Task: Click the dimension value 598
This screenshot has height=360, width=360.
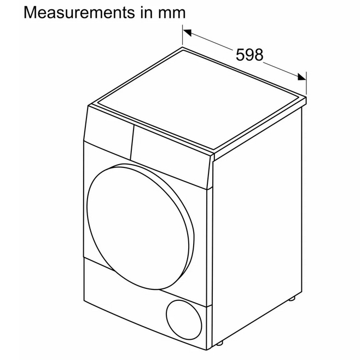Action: coord(249,55)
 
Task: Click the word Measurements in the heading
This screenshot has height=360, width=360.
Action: coord(79,13)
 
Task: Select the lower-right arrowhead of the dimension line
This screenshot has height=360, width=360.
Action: coord(301,77)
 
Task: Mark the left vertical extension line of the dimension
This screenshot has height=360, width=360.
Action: coord(183,34)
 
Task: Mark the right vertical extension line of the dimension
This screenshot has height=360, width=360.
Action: coord(306,83)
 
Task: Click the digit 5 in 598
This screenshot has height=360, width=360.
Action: coord(240,55)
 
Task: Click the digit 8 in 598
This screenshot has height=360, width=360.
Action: coord(259,55)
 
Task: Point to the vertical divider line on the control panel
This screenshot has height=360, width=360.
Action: coord(132,142)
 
